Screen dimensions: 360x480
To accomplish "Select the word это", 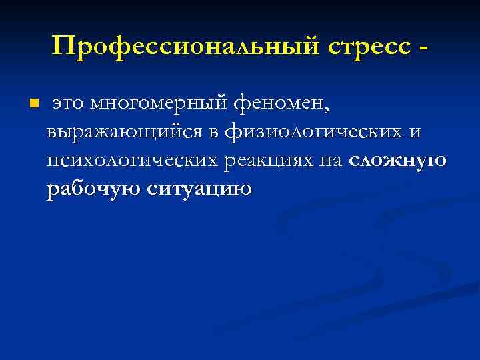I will click(x=69, y=104).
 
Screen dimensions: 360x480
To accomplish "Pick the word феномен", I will click(x=279, y=104).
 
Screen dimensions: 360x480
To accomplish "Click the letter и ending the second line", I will click(x=415, y=133).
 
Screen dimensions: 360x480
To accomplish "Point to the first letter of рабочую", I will click(x=53, y=191).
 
